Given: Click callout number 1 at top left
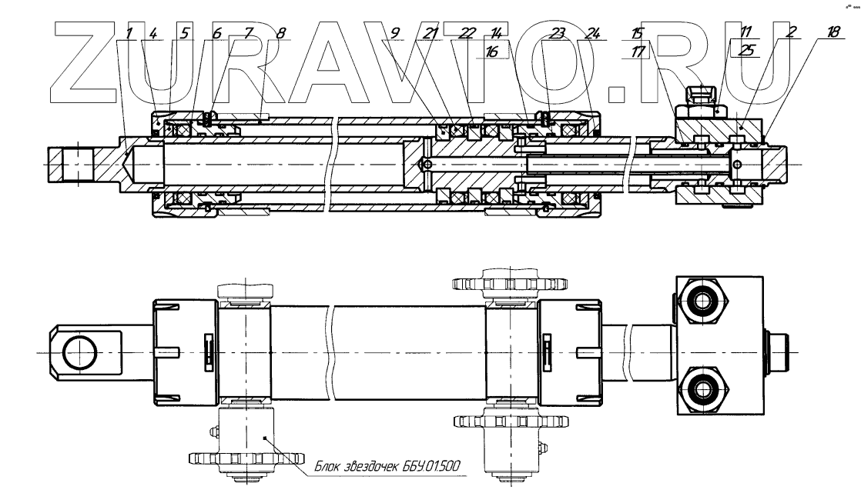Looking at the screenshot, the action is (x=129, y=33).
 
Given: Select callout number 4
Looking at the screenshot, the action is (x=153, y=33).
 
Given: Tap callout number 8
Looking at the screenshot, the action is (x=280, y=33).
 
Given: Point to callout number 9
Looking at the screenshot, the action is (x=395, y=33).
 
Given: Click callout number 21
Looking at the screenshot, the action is (x=430, y=33).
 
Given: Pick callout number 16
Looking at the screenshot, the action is (x=492, y=51).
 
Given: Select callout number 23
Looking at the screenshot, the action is (x=557, y=33).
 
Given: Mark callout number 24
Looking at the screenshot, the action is (x=592, y=33).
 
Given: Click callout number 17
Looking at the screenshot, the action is (x=638, y=51).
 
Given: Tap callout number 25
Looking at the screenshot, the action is (x=747, y=50).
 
